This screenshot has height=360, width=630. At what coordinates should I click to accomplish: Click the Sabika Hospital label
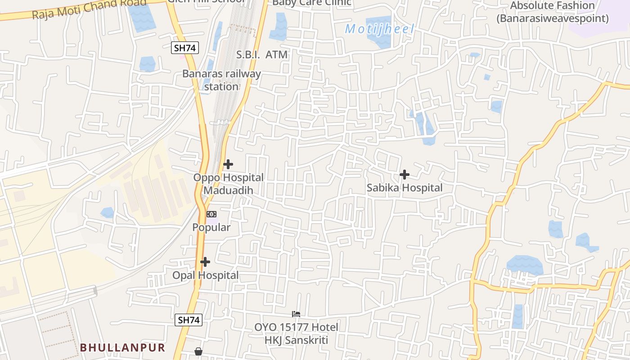pos(405,188)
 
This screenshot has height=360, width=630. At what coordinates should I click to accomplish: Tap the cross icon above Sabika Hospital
pos(405,175)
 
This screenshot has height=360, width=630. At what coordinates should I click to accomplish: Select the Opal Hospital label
pos(206,275)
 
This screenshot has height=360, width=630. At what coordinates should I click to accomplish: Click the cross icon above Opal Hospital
pos(205,262)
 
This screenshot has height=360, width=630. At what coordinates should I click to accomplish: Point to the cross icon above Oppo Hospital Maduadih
pos(228,164)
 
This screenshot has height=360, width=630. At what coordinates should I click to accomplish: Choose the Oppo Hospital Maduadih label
pos(229,184)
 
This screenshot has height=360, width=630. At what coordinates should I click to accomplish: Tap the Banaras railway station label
pos(221,80)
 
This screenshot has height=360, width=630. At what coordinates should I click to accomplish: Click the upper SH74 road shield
pos(185,48)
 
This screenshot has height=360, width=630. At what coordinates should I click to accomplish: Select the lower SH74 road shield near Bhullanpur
pos(188,320)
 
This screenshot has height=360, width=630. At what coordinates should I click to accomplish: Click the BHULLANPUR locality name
pos(123,347)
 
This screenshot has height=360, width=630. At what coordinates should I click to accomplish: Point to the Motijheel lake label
pos(379,29)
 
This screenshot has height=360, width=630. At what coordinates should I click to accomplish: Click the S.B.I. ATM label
pos(262,54)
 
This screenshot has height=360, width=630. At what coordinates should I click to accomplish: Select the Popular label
pos(211,227)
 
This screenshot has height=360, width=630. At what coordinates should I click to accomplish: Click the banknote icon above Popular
pos(211,214)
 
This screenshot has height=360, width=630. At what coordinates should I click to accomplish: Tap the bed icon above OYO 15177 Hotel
pos(296,314)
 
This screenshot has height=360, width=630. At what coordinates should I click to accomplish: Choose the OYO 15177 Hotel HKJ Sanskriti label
pos(296,333)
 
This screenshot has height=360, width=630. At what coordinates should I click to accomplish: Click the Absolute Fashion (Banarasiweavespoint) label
pos(553,12)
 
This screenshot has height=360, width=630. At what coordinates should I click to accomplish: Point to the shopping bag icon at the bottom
pos(198,351)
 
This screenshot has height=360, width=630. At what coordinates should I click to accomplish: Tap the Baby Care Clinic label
pos(311,3)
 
